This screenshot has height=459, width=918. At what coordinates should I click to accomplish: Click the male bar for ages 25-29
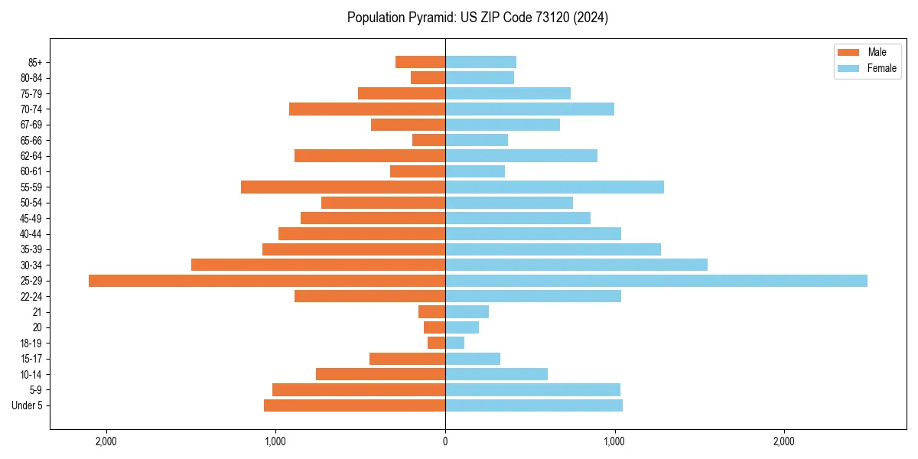pyautogui.click(x=267, y=281)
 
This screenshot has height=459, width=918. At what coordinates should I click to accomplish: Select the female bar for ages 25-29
pyautogui.click(x=656, y=281)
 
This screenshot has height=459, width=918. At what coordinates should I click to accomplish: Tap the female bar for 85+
pyautogui.click(x=480, y=62)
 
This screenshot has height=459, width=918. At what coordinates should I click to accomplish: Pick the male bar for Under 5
pyautogui.click(x=354, y=405)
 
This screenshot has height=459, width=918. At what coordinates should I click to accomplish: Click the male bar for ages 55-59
pyautogui.click(x=343, y=187)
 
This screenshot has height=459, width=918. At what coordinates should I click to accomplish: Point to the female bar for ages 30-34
pyautogui.click(x=576, y=265)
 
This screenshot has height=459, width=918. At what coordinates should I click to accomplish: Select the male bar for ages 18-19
pyautogui.click(x=436, y=343)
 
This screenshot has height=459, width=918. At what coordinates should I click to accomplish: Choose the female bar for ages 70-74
pyautogui.click(x=529, y=109)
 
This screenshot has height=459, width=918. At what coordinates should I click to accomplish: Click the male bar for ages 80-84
pyautogui.click(x=428, y=78)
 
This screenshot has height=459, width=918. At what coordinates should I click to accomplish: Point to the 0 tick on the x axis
pyautogui.click(x=445, y=441)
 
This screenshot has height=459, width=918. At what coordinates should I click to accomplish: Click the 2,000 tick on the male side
pyautogui.click(x=106, y=441)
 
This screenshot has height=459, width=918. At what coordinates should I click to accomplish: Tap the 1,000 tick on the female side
pyautogui.click(x=614, y=441)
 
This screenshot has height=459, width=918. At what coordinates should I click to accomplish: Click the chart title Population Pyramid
pyautogui.click(x=477, y=18)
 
